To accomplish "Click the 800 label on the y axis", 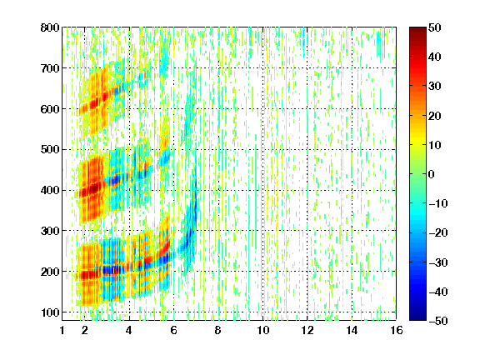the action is point(50,27).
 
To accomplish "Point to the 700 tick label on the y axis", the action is point(50,68).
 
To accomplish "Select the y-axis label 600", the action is point(50,109).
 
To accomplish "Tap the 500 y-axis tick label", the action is point(50,150).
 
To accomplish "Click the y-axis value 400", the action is point(50,190).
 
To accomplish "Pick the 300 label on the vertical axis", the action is point(50,231).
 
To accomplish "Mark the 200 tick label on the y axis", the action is point(50,272).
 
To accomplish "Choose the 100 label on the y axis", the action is point(50,312).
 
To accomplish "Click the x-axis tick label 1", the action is point(62,330).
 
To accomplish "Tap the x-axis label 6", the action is point(173,330).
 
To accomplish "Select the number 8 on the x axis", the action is point(218,330).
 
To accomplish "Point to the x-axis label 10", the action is point(262,330).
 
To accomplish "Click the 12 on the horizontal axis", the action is point(307,330).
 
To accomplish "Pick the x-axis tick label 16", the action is point(396,330).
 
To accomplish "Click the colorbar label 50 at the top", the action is point(434,27).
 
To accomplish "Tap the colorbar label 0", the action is point(432,174).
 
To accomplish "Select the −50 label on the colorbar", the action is point(437,321).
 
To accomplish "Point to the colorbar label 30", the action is point(434,87).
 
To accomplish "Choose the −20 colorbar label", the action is point(437,233).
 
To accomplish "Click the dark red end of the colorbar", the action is point(417,30).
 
